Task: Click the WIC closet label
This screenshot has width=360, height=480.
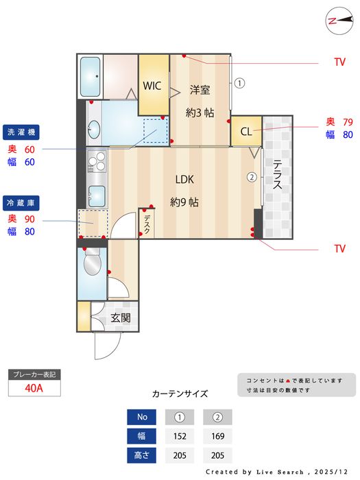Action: click(152, 86)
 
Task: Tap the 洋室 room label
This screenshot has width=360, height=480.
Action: click(200, 89)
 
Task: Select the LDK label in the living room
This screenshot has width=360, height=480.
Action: click(184, 180)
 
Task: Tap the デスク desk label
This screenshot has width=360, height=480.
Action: click(147, 224)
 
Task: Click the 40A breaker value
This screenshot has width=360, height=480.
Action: click(34, 387)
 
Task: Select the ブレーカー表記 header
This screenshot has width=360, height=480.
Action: click(34, 374)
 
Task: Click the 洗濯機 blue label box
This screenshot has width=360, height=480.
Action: click(24, 131)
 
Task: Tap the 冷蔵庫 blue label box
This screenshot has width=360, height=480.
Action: click(24, 202)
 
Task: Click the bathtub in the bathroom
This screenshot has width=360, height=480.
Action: click(91, 77)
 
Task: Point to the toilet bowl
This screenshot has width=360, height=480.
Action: click(92, 263)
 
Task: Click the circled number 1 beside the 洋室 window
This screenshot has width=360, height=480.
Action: click(239, 84)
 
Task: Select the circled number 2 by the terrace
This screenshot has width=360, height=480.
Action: click(252, 177)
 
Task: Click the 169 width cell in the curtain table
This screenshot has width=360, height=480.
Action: click(217, 435)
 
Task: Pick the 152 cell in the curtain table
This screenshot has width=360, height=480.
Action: click(180, 435)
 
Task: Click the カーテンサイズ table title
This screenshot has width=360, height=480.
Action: click(180, 394)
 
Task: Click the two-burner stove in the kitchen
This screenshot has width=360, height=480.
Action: click(96, 162)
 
